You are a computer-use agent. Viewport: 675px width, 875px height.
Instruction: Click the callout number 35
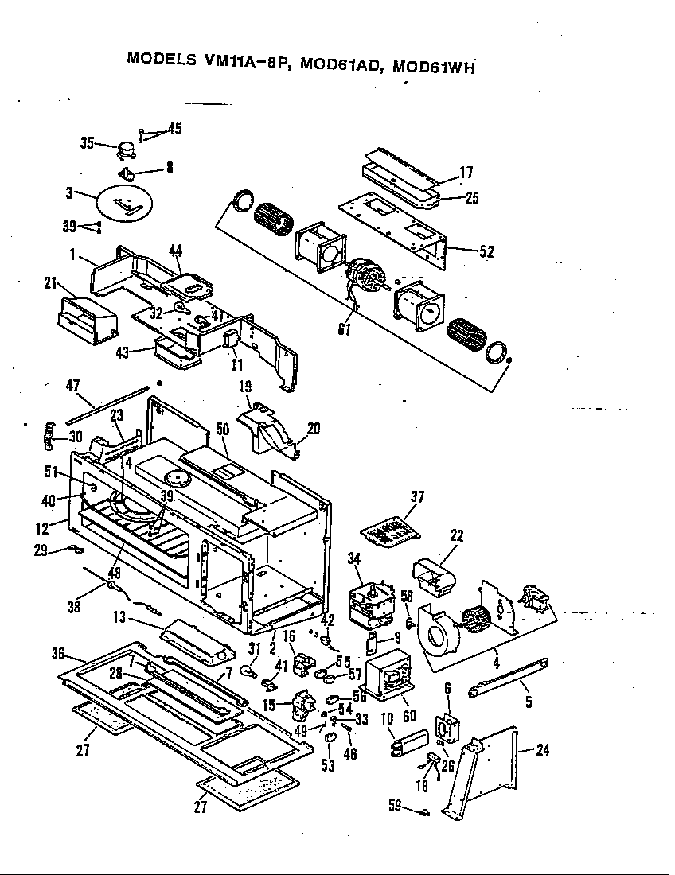[x=87, y=143]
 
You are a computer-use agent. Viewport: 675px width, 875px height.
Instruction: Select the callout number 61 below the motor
[x=345, y=329]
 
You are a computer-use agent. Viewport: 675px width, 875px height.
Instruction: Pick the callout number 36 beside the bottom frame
[x=57, y=654]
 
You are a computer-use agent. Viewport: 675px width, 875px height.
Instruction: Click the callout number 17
[x=466, y=172]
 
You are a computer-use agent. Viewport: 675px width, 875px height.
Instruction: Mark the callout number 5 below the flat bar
[x=529, y=702]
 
